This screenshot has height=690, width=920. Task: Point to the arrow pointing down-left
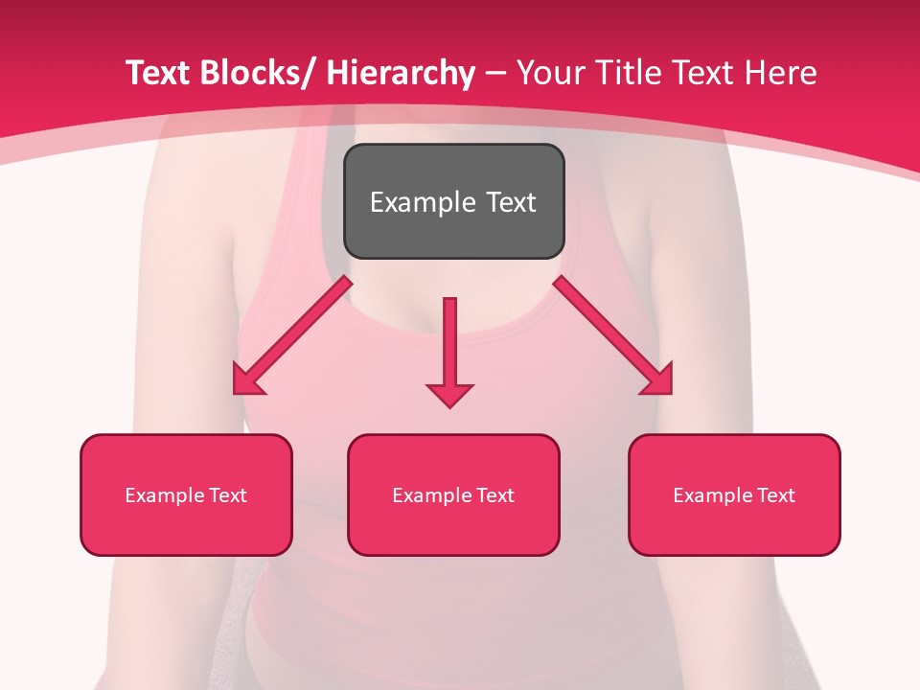coord(292,335)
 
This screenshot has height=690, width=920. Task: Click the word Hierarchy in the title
coord(400,74)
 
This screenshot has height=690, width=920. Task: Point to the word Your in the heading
coord(551,74)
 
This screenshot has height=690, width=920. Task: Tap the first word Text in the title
coord(159,74)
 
